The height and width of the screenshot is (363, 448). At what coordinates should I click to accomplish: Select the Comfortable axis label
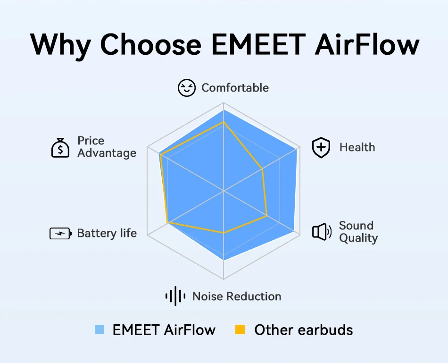point(235,88)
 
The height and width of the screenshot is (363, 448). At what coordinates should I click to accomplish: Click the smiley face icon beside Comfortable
point(186,88)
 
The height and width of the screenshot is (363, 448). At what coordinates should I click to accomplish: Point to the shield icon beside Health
point(321,148)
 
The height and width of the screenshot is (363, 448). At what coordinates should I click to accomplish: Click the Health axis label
point(357,147)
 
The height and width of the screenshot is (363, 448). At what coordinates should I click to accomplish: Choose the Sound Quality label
point(358,231)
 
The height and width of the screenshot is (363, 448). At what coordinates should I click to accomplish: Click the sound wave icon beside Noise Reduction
point(174,296)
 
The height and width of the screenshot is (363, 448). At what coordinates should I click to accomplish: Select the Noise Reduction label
point(237,296)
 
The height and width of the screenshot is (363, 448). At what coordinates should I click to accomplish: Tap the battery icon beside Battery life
point(60,233)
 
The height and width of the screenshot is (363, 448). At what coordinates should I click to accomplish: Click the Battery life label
point(107,233)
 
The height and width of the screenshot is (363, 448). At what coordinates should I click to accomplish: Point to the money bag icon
point(60,147)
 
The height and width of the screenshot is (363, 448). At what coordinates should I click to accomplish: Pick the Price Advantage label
point(107,147)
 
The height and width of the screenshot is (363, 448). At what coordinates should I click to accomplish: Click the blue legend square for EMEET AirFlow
point(100,329)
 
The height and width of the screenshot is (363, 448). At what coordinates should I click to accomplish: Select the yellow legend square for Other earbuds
point(241,329)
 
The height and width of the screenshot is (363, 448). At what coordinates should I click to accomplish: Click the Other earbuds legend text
point(303,329)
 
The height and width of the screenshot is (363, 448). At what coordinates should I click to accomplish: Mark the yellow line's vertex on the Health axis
point(262,169)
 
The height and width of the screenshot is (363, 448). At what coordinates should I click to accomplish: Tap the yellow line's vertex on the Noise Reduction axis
point(224,233)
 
